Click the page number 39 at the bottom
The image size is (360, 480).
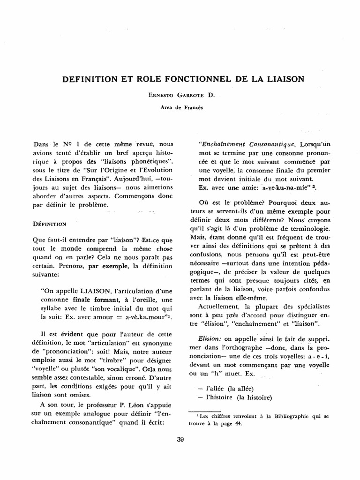point(180,440)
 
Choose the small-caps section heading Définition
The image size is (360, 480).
point(53,224)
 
